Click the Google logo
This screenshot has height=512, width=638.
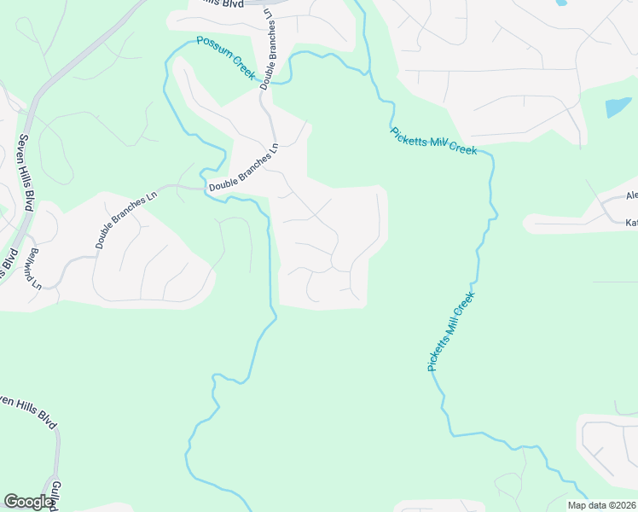click(x=29, y=502)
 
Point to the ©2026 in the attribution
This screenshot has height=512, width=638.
click(x=619, y=505)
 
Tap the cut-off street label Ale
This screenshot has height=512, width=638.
click(x=631, y=196)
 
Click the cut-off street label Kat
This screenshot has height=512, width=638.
click(x=631, y=223)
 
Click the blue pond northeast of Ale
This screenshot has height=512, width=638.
click(x=618, y=108)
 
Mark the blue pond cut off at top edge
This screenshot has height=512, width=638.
click(x=560, y=3)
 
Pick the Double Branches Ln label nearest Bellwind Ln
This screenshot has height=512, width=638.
click(x=127, y=220)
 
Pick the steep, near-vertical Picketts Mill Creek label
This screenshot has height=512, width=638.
click(x=449, y=331)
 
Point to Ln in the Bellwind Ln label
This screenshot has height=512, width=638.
click(x=37, y=282)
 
